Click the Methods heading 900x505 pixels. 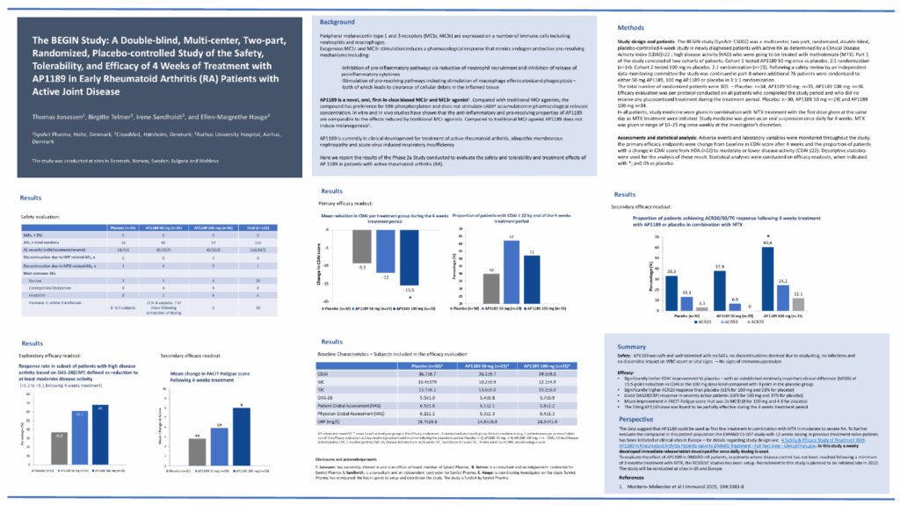pyautogui.click(x=639, y=28)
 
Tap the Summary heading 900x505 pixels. pyautogui.click(x=634, y=347)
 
